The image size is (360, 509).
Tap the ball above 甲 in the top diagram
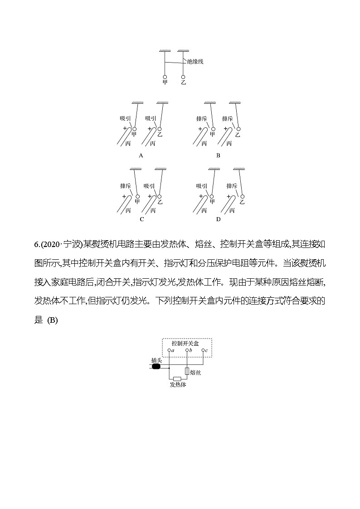(165, 77)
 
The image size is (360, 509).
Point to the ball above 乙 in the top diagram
(183, 77)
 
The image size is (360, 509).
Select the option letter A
(141, 155)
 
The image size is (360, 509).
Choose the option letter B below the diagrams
(218, 155)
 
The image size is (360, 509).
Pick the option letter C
(141, 219)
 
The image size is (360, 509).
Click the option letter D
(218, 219)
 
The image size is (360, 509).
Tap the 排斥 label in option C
(126, 186)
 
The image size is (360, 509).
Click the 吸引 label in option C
(149, 186)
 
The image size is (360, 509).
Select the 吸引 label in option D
(202, 186)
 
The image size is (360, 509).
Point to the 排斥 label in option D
(232, 186)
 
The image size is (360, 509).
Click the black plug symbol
(156, 366)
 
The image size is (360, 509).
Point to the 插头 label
(156, 360)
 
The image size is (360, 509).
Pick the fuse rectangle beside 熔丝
(187, 372)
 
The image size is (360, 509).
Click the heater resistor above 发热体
(177, 379)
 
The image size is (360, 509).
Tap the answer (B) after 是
(53, 320)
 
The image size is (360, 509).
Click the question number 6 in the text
(36, 245)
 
